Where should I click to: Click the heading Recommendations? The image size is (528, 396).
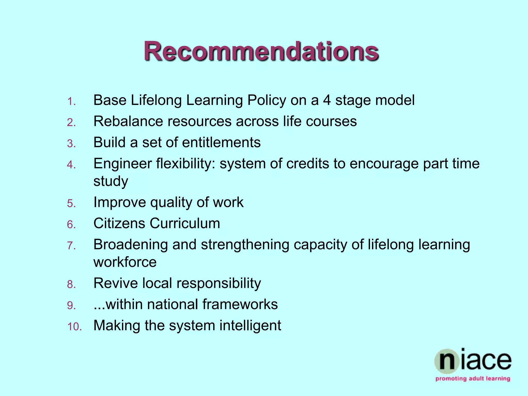[261, 51]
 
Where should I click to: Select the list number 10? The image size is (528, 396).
[74, 327]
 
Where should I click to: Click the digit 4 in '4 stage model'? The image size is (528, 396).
[327, 100]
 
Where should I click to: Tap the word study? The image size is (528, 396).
[111, 181]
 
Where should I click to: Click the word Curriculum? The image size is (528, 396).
[185, 223]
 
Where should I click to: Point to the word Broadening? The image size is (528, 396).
[130, 245]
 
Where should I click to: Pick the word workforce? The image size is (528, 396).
[125, 262]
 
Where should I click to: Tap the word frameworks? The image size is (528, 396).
[240, 304]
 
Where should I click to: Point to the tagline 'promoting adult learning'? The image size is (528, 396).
[473, 379]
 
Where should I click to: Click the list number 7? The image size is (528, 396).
[71, 246]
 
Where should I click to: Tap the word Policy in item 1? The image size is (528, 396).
[267, 101]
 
